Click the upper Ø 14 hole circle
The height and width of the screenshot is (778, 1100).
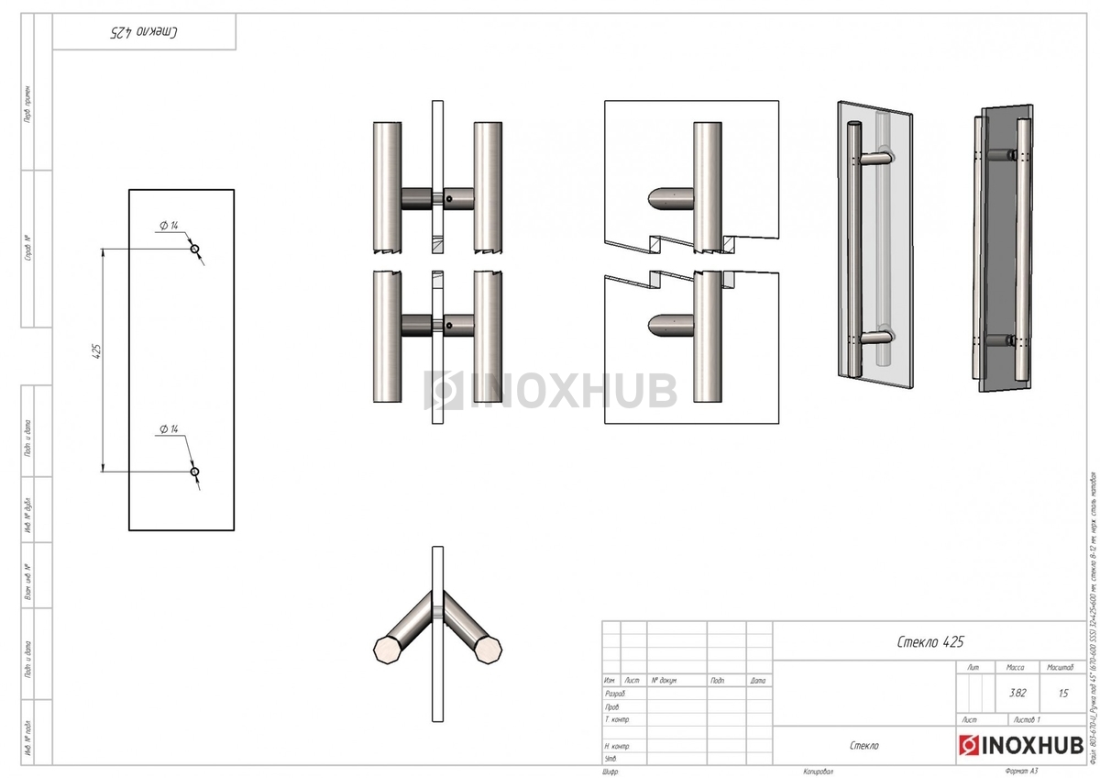(194, 249)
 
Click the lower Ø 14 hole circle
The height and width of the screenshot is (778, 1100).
(194, 472)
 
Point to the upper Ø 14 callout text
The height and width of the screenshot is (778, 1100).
(168, 226)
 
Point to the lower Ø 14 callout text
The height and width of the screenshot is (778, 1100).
(168, 429)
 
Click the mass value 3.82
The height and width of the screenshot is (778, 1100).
(1017, 694)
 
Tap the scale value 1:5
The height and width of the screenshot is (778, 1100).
(1062, 694)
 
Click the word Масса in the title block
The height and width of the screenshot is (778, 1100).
(1016, 668)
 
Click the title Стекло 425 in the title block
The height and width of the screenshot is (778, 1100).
(930, 641)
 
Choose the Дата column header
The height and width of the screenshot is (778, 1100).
(757, 681)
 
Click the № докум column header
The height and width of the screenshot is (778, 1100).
(664, 681)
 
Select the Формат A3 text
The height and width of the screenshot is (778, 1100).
(1020, 772)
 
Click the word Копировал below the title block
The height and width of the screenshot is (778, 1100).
(819, 772)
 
